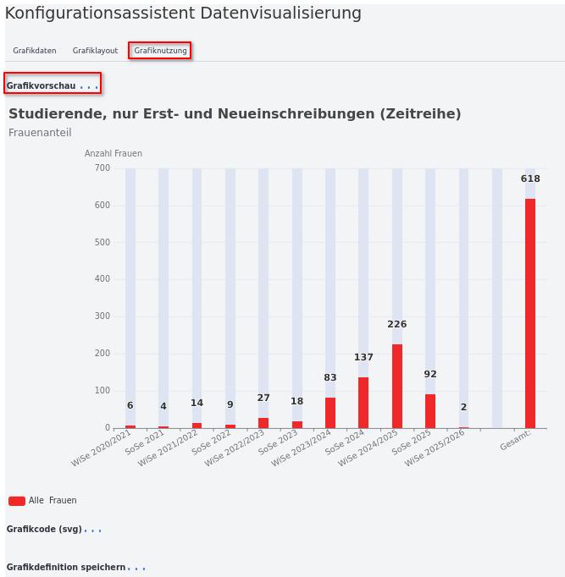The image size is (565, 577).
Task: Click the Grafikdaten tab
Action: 35,51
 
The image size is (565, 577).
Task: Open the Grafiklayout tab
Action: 95,51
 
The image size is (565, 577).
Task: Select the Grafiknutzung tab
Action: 160,51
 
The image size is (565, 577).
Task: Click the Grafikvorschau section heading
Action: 42,85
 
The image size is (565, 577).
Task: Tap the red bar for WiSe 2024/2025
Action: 397,386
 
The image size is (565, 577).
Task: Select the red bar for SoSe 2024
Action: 363,403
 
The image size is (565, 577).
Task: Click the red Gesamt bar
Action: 530,313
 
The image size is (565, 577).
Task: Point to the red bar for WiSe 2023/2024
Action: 330,413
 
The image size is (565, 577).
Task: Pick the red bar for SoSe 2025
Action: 430,411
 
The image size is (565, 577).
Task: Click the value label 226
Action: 397,324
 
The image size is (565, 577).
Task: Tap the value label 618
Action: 530,179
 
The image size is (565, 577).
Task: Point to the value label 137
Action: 363,357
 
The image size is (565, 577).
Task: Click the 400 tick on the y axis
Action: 102,279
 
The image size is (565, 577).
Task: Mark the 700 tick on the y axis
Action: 102,168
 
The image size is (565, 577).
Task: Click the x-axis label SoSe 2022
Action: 212,442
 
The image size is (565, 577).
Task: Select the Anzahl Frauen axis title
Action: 114,154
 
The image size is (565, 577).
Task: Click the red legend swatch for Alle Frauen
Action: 17,501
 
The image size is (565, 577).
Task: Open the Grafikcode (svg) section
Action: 44,530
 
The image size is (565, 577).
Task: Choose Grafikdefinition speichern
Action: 66,568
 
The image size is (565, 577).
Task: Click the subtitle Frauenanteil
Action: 40,133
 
